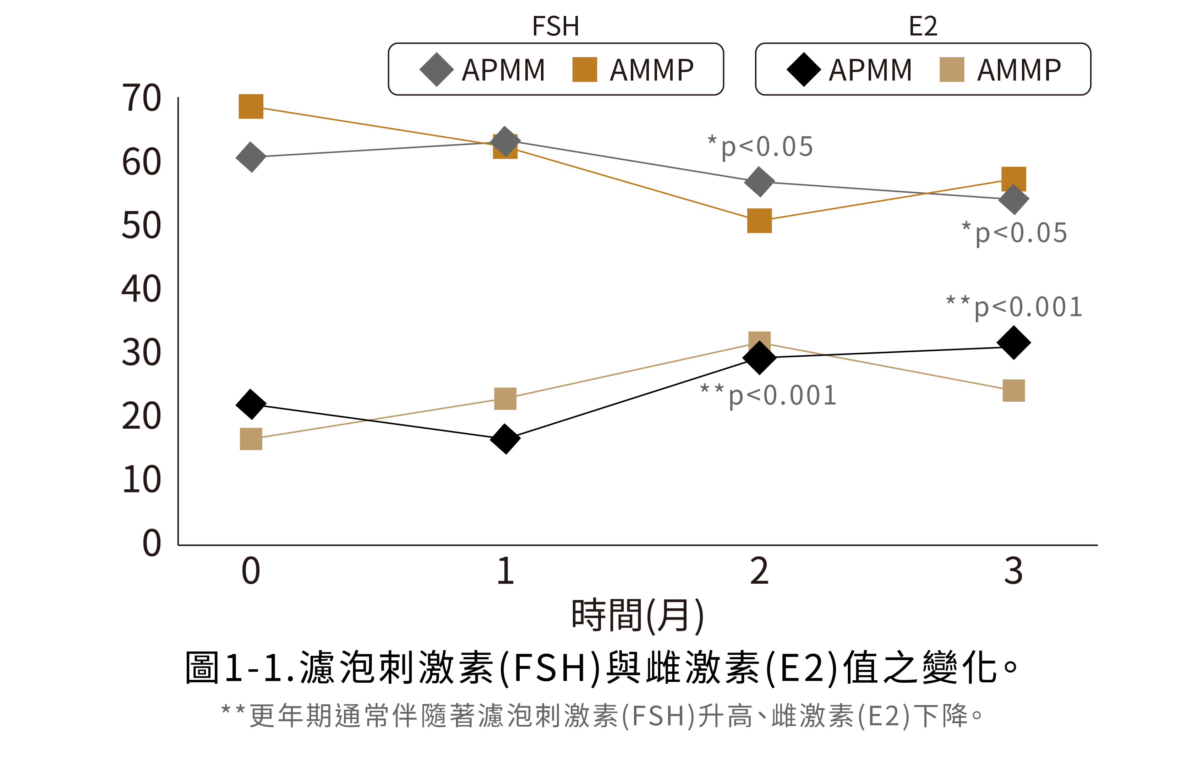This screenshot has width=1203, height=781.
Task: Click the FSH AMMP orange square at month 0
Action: [x=251, y=106]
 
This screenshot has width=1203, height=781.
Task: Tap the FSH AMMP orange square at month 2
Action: [x=759, y=221]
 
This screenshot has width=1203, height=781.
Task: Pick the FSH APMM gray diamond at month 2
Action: [x=759, y=182]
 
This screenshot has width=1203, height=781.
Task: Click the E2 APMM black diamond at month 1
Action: [x=505, y=439]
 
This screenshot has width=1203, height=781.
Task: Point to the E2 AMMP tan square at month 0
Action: [x=251, y=439]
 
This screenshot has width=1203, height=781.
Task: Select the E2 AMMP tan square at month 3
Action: [x=1013, y=390]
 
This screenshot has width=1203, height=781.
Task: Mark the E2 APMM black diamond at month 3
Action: [x=1013, y=342]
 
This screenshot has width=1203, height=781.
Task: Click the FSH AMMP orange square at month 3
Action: [x=1013, y=179]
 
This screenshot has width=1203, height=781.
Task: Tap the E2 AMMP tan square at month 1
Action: [x=505, y=398]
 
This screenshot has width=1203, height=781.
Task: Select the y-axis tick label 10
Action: [x=142, y=479]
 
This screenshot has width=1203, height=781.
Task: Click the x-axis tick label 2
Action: [x=759, y=571]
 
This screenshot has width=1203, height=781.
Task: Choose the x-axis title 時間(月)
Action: [x=638, y=616]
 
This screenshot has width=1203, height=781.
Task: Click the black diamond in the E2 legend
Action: [x=804, y=69]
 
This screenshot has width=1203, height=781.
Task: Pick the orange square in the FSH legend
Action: [x=584, y=69]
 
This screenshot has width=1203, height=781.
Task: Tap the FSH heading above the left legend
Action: [x=556, y=26]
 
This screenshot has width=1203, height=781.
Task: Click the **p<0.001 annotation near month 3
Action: [x=1015, y=307]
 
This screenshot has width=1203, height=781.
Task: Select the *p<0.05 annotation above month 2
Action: [x=761, y=147]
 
